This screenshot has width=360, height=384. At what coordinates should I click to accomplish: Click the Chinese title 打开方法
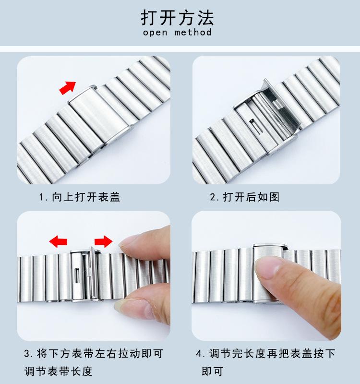point(177,18)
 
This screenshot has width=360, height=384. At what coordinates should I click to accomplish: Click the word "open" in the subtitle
point(155,33)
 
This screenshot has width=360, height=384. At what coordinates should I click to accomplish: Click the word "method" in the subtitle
point(193,32)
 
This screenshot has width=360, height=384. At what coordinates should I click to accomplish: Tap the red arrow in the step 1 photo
point(68,87)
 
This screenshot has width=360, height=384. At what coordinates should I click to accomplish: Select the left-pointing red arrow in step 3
point(58,241)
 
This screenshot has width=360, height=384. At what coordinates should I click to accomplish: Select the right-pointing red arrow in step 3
point(104,241)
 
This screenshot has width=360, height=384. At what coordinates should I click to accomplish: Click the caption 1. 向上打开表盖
point(80,197)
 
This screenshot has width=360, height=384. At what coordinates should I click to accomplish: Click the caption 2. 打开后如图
point(245,197)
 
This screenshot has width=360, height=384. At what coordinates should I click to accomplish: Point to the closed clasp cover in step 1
point(100,116)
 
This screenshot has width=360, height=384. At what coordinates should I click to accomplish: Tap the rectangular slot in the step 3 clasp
point(77,275)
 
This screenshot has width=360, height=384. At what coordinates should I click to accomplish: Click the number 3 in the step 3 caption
point(27,354)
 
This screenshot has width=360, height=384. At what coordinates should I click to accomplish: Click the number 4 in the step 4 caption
point(199,354)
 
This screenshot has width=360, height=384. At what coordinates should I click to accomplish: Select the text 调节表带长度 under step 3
point(58,371)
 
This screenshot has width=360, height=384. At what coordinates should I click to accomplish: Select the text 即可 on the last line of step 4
point(213,371)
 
